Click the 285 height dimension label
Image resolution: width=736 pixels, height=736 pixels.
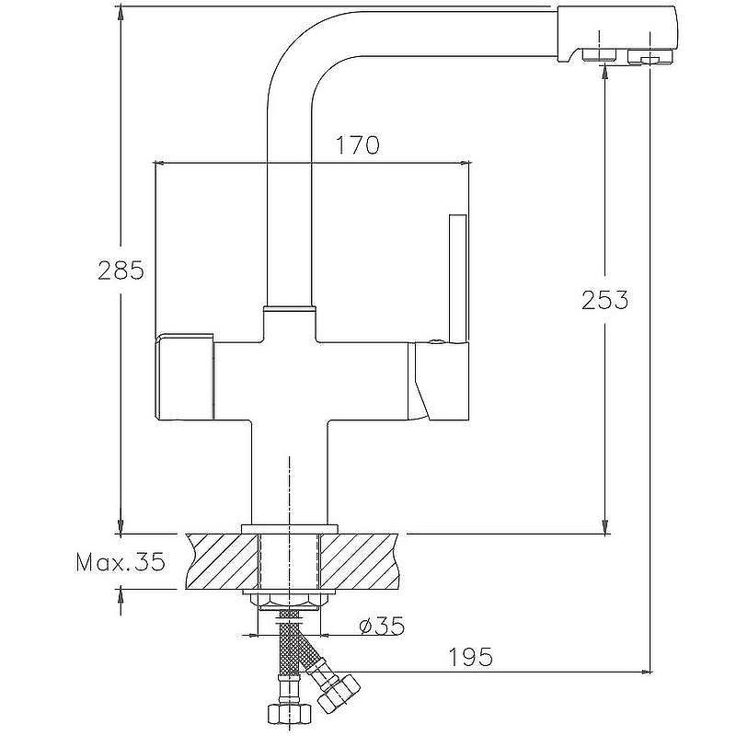(x=121, y=270)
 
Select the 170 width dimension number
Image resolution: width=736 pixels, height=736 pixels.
(x=358, y=145)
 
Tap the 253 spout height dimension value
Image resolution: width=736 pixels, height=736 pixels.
(x=604, y=299)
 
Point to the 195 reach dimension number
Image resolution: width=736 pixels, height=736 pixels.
(x=470, y=657)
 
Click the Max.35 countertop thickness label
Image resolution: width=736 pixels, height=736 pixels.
(x=121, y=561)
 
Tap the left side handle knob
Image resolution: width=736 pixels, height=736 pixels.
(x=184, y=377)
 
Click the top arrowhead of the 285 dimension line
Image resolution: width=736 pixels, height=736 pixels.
(x=121, y=13)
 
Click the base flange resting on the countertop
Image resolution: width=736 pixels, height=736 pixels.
(x=290, y=528)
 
